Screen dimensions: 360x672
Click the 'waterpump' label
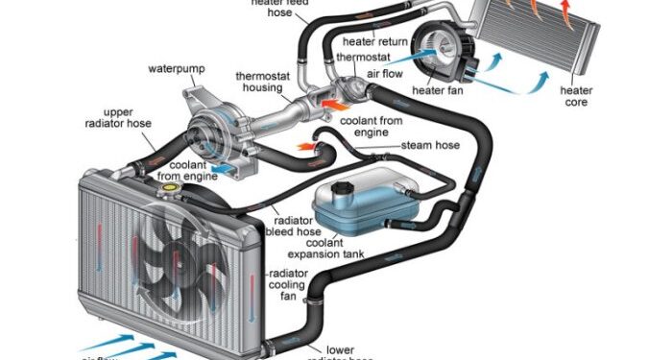tap(174, 69)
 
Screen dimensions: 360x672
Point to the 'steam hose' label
tap(431, 145)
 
